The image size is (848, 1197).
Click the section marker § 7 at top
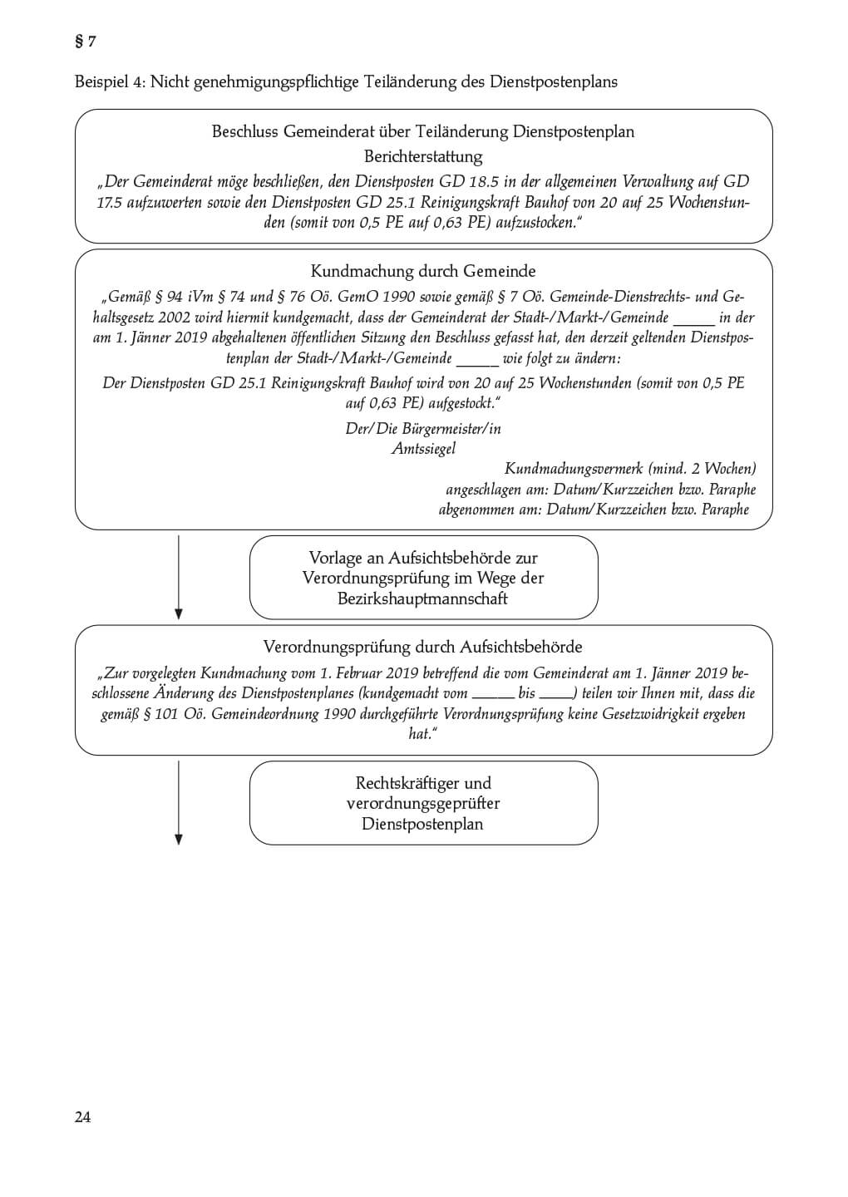[x=85, y=42]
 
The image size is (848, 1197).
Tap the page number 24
[x=82, y=1116]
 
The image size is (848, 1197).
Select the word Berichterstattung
[x=423, y=156]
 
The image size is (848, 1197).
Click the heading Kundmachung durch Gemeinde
[x=423, y=271]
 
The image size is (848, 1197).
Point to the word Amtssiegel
[x=423, y=449]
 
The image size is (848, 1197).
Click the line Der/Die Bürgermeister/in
[x=423, y=429]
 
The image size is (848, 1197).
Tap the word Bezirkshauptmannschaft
[x=423, y=598]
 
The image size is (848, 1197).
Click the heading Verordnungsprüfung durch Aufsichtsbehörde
[x=423, y=647]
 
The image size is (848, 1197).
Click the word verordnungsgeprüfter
[x=423, y=803]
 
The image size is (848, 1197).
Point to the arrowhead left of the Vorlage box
[x=179, y=613]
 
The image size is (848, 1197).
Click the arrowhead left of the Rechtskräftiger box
[x=179, y=840]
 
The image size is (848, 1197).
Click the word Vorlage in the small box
[x=336, y=558]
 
